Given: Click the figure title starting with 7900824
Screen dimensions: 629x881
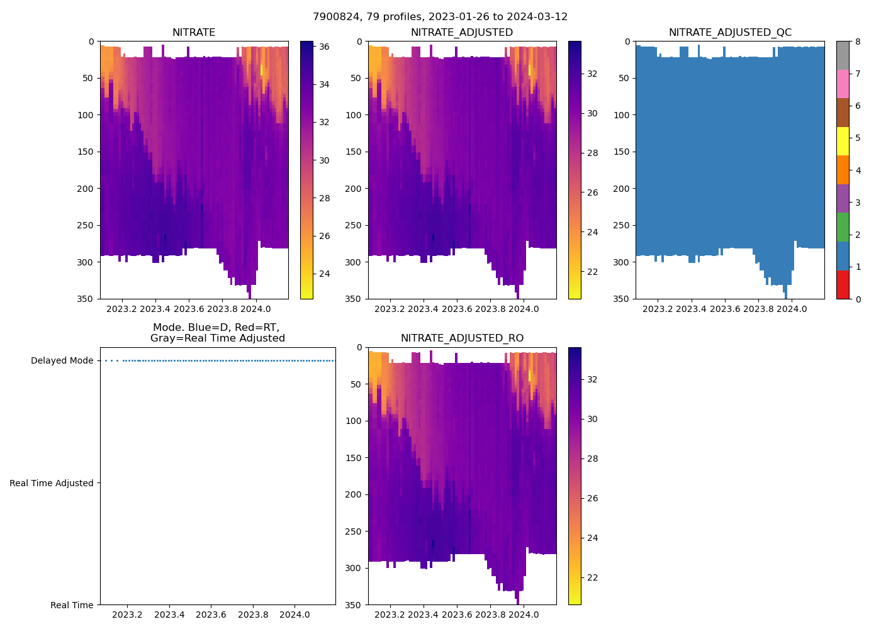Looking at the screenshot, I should [440, 17].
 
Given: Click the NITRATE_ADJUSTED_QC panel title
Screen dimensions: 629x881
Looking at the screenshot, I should [730, 33].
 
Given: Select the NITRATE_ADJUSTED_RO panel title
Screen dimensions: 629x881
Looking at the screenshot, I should [462, 338].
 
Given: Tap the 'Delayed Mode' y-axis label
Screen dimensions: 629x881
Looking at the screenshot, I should [62, 361].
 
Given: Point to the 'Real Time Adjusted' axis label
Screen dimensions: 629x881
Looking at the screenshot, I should [52, 483].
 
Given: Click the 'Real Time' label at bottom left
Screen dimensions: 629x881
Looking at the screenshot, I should [72, 605].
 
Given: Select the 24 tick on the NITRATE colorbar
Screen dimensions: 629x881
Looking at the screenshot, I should [324, 274].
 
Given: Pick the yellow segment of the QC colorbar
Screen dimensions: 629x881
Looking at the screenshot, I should [843, 141].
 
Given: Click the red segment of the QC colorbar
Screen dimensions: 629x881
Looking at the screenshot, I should [843, 284].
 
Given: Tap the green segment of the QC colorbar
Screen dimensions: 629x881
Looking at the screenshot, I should [843, 227].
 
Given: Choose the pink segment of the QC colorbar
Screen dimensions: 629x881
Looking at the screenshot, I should [843, 84].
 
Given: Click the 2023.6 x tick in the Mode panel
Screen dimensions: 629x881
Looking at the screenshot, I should [211, 615].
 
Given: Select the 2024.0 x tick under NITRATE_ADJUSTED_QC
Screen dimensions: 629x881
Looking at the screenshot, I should [792, 309].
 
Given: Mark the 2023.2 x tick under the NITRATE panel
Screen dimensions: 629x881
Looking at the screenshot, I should [121, 309].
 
